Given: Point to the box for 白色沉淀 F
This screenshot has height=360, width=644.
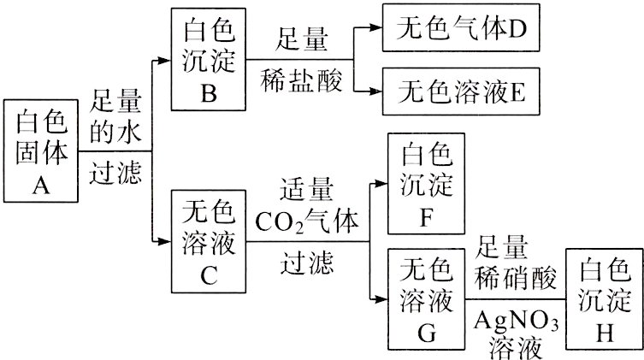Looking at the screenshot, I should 428,183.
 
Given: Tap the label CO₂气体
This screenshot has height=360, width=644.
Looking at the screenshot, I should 306,219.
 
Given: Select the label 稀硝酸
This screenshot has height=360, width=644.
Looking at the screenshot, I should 516,277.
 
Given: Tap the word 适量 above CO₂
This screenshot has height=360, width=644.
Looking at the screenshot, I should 306,187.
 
